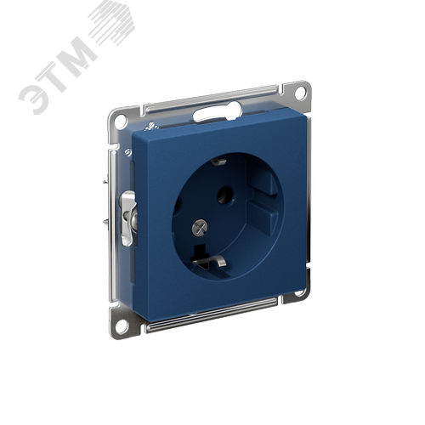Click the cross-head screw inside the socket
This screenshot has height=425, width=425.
tap(200, 228)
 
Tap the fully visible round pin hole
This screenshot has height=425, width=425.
tap(225, 195)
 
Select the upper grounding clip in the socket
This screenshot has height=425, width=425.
tap(218, 161)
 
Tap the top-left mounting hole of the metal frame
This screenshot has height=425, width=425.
tap(121, 120)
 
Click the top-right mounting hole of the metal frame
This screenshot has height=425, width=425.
tap(301, 93)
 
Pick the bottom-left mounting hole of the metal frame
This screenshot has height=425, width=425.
tap(122, 326)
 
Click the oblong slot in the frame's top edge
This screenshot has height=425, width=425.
tap(217, 112)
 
